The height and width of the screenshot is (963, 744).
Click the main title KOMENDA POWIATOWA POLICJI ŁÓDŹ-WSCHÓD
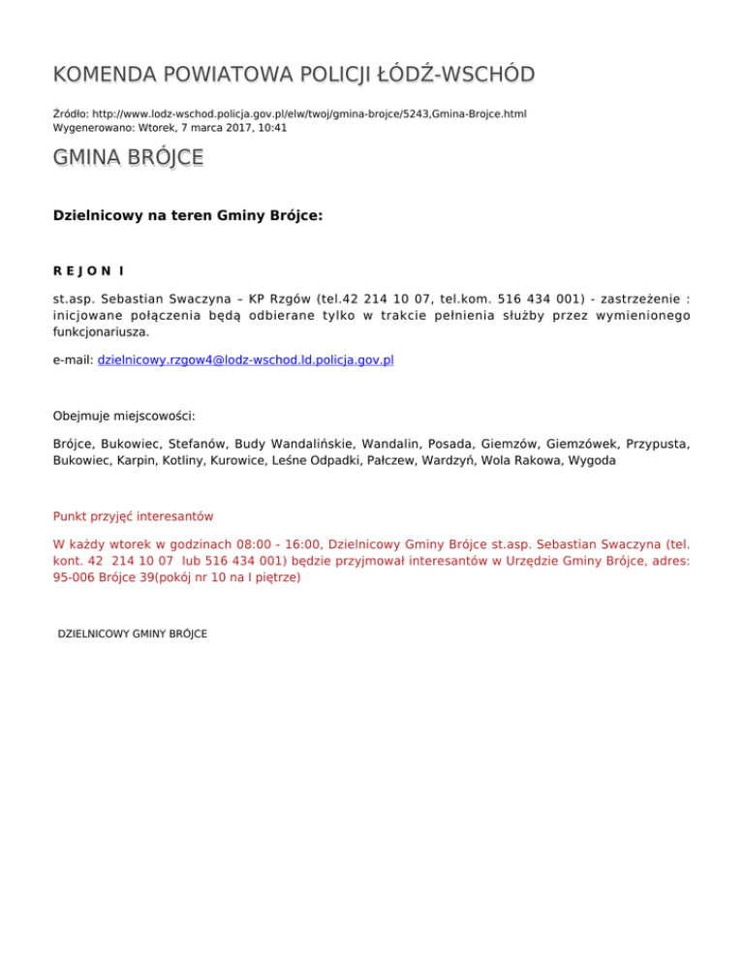[x=294, y=75]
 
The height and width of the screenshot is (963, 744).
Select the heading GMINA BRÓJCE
[x=128, y=157]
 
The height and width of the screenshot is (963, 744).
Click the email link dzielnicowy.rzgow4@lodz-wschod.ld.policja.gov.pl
[x=245, y=359]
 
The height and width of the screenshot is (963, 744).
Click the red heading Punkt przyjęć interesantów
[x=133, y=516]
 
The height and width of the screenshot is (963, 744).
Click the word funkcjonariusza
[x=101, y=330]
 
